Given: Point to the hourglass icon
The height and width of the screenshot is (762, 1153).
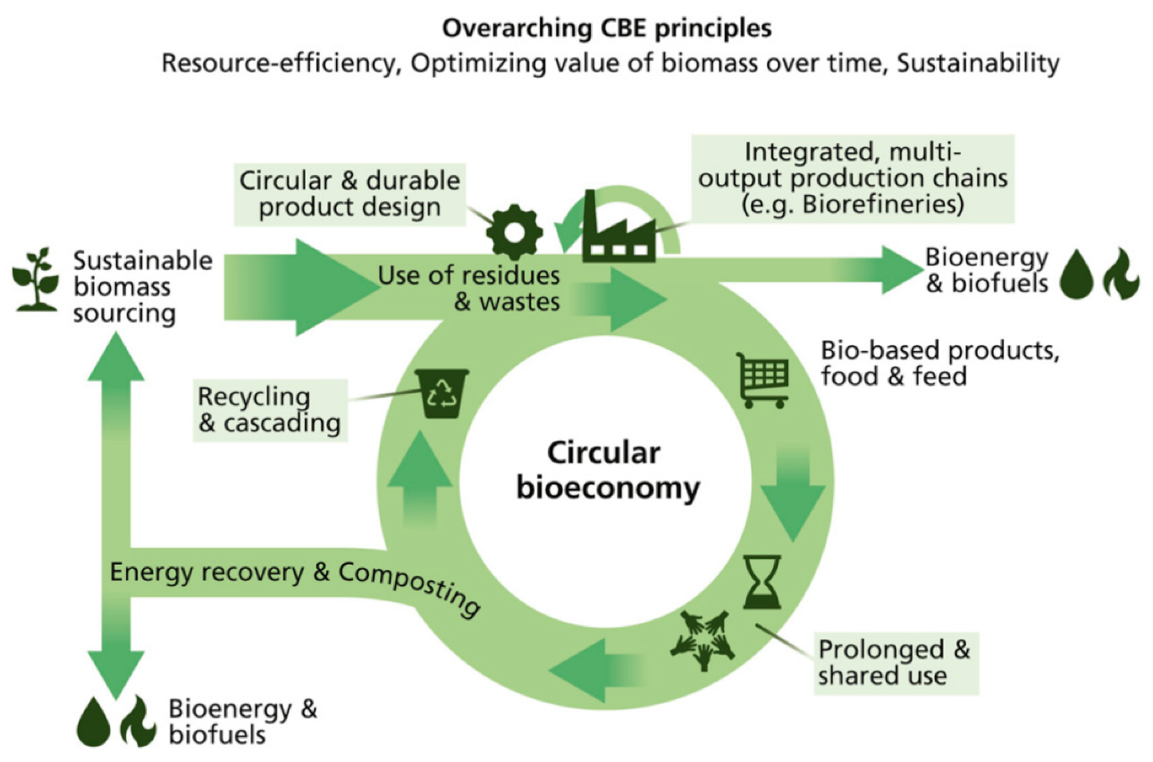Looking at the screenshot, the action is click(762, 581).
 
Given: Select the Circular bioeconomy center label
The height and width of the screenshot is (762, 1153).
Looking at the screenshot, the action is click(604, 471).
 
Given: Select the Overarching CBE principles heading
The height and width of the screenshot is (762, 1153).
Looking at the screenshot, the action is click(605, 29).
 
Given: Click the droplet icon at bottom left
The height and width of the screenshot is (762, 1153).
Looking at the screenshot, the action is click(94, 722).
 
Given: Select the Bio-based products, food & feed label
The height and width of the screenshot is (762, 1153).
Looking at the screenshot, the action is click(938, 363).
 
